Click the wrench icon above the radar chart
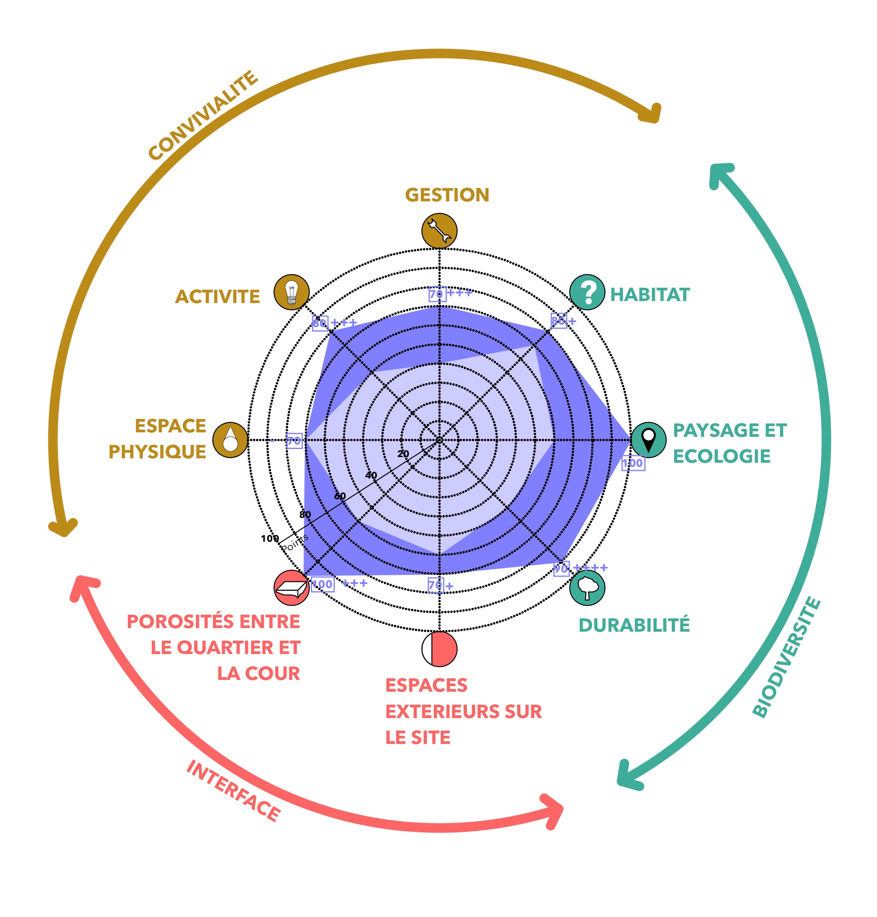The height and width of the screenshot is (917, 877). pyautogui.click(x=439, y=231)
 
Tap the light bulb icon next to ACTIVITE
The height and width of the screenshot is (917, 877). pyautogui.click(x=291, y=292)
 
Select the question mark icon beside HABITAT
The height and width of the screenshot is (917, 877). pyautogui.click(x=587, y=292)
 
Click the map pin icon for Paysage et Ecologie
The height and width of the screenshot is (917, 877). pyautogui.click(x=648, y=440)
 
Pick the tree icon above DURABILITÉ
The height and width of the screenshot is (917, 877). pyautogui.click(x=587, y=588)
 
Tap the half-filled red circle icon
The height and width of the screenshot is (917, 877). pyautogui.click(x=439, y=649)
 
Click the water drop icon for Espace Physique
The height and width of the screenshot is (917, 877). pyautogui.click(x=230, y=440)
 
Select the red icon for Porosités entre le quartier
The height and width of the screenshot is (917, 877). pyautogui.click(x=291, y=588)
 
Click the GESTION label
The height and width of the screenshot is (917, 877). pyautogui.click(x=447, y=195)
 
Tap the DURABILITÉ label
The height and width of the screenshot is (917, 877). pyautogui.click(x=634, y=625)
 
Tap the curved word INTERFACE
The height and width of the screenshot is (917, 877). pyautogui.click(x=233, y=790)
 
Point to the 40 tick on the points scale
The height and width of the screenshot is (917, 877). pyautogui.click(x=371, y=475)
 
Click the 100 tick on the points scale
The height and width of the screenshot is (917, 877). pyautogui.click(x=270, y=539)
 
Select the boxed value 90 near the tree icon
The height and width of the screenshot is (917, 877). pyautogui.click(x=561, y=569)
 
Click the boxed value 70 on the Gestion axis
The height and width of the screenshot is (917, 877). pyautogui.click(x=436, y=294)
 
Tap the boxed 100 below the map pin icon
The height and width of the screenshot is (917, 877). pyautogui.click(x=633, y=463)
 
